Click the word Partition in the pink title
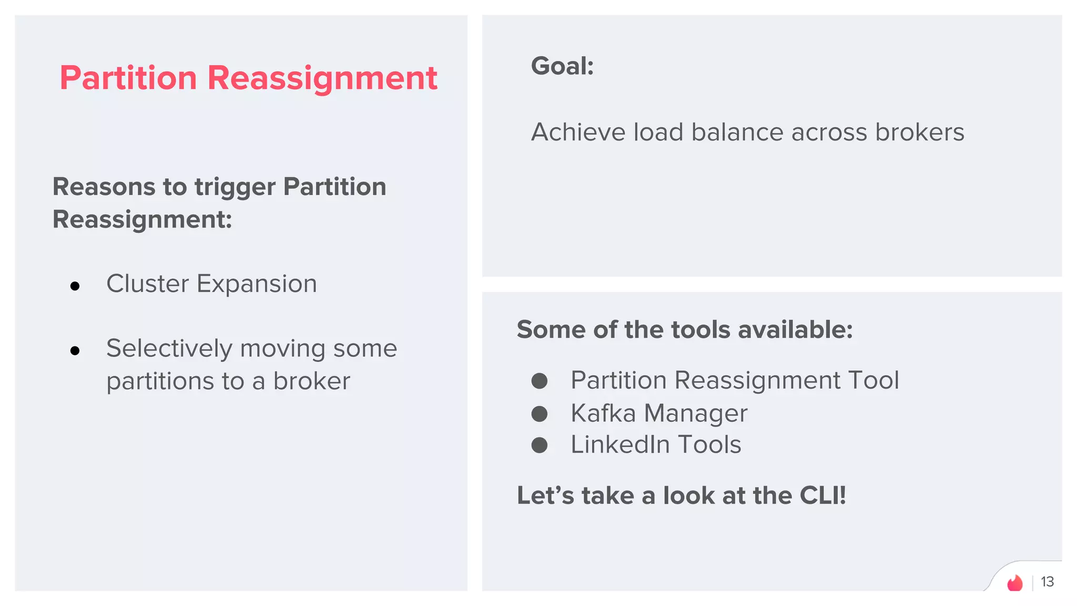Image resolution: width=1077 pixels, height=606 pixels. pyautogui.click(x=128, y=78)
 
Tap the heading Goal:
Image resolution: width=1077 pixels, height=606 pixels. pyautogui.click(x=562, y=66)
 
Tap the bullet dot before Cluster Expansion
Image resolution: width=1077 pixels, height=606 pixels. pyautogui.click(x=75, y=286)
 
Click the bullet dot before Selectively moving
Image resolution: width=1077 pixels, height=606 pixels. pyautogui.click(x=75, y=350)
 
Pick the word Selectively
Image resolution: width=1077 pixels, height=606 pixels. pyautogui.click(x=169, y=349)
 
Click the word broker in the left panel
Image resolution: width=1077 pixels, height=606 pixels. pyautogui.click(x=311, y=381)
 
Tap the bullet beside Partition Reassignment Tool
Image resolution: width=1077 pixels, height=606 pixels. pyautogui.click(x=539, y=381)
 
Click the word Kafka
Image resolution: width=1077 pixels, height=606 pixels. pyautogui.click(x=603, y=413)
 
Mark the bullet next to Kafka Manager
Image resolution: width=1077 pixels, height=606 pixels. pyautogui.click(x=539, y=413)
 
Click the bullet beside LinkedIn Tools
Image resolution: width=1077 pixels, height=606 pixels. pyautogui.click(x=539, y=446)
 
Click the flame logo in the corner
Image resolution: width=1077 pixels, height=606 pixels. pyautogui.click(x=1014, y=583)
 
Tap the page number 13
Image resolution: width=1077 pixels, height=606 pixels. pyautogui.click(x=1047, y=582)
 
